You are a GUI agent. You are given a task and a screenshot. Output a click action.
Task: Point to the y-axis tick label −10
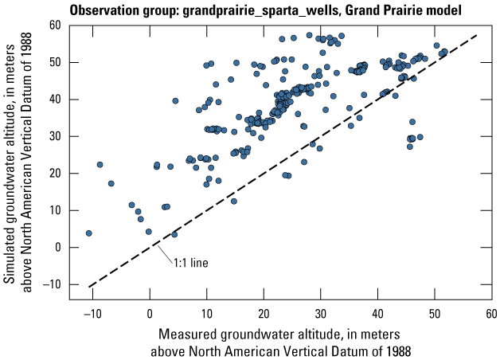click(x=53, y=284)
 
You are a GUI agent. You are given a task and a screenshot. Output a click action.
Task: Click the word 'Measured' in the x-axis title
click(x=191, y=332)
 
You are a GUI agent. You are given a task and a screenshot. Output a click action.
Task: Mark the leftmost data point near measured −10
click(x=88, y=233)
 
